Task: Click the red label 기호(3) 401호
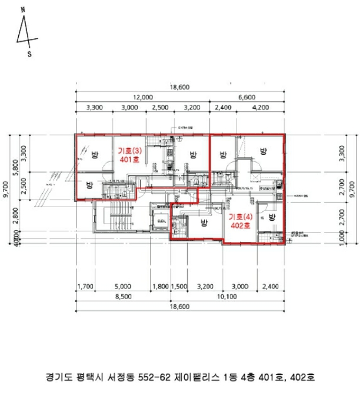tap(128, 154)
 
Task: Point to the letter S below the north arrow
tap(29, 54)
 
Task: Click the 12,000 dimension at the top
tap(142, 97)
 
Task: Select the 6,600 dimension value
tap(246, 97)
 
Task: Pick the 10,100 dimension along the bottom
tap(226, 297)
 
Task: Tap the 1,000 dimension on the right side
tap(342, 235)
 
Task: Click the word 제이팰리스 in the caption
tap(197, 377)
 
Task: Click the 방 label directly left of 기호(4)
tap(205, 222)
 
